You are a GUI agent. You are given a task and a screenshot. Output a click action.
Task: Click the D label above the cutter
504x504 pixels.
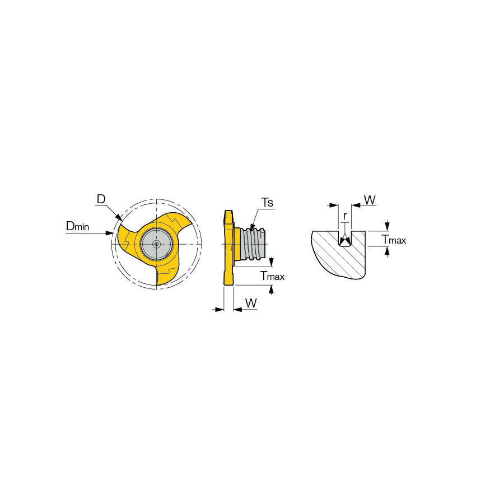(x=101, y=199)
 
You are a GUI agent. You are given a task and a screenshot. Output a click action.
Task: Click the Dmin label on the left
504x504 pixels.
(x=77, y=226)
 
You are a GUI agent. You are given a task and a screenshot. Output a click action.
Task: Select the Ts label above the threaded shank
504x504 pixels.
(x=267, y=203)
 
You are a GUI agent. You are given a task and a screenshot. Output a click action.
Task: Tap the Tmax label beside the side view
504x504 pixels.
(x=273, y=276)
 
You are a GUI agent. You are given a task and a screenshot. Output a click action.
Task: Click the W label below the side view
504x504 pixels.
(x=251, y=303)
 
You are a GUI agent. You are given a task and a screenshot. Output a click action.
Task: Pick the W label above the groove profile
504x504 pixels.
(x=370, y=200)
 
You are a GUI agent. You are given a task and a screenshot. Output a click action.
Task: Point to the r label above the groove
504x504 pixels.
(x=345, y=216)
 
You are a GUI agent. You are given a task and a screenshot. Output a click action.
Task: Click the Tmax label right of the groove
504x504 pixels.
(x=394, y=240)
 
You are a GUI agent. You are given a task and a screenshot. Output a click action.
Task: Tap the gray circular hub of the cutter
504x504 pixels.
(x=157, y=244)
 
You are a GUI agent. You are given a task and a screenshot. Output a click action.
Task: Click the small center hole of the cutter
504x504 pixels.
(x=157, y=244)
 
